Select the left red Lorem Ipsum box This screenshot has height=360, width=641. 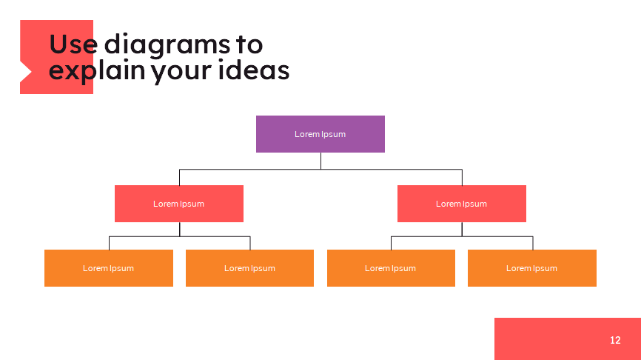[178, 214]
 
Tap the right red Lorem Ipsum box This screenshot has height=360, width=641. [461, 214]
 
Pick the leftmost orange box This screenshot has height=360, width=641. [108, 279]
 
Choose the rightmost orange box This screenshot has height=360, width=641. [531, 279]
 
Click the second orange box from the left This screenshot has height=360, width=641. [249, 279]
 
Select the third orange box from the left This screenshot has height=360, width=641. [391, 279]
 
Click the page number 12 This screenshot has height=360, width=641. [615, 340]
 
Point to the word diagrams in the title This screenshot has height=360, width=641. [167, 46]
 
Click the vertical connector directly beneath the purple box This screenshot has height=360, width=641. [320, 161]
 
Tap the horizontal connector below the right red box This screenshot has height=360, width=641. [496, 237]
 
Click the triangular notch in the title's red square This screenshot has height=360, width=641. [24, 72]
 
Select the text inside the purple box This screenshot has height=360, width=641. [320, 134]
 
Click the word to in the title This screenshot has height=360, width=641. [249, 45]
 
